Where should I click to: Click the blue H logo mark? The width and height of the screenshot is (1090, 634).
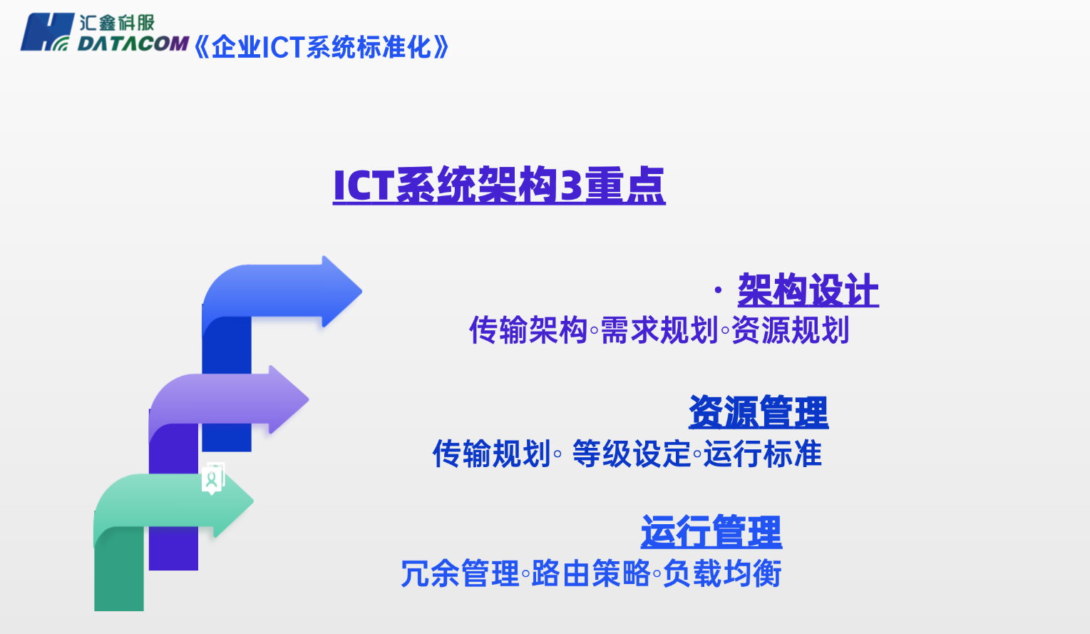pyautogui.click(x=47, y=33)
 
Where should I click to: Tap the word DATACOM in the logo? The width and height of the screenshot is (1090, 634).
pyautogui.click(x=133, y=44)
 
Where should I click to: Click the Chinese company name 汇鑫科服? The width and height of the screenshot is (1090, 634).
pyautogui.click(x=117, y=22)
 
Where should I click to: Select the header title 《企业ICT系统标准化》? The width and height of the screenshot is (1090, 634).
pyautogui.click(x=322, y=48)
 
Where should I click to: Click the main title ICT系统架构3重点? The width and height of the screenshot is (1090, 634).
pyautogui.click(x=499, y=185)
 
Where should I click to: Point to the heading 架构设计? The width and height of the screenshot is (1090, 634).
pyautogui.click(x=808, y=290)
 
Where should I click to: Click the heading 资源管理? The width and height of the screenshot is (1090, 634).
pyautogui.click(x=759, y=412)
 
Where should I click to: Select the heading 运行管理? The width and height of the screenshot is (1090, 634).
pyautogui.click(x=711, y=532)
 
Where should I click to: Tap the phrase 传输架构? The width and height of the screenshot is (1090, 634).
pyautogui.click(x=528, y=331)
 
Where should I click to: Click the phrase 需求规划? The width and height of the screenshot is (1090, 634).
pyautogui.click(x=659, y=331)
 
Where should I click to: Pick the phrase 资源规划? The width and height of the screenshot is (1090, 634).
pyautogui.click(x=791, y=331)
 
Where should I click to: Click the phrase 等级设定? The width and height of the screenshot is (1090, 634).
pyautogui.click(x=632, y=454)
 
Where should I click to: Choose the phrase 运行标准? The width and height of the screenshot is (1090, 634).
pyautogui.click(x=763, y=454)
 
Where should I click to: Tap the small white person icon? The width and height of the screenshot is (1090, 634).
pyautogui.click(x=212, y=479)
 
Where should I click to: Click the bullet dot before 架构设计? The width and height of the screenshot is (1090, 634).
pyautogui.click(x=719, y=290)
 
